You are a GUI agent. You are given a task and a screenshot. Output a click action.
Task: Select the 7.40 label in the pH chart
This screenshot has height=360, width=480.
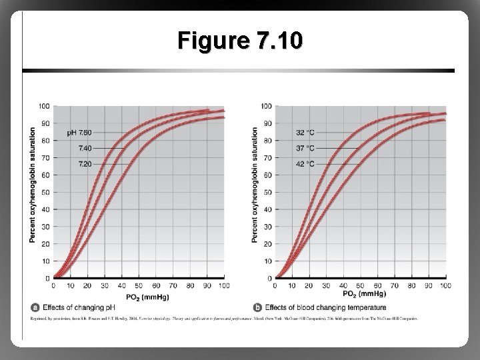(x=85, y=148)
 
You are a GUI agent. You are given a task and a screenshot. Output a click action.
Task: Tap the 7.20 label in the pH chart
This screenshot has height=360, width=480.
(x=85, y=163)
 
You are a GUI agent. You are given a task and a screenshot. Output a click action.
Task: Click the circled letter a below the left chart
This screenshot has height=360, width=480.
(x=35, y=307)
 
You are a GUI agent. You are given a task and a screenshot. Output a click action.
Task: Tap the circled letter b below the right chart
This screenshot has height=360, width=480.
(x=257, y=307)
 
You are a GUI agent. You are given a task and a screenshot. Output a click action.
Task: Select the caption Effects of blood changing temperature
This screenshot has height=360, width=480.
(x=325, y=307)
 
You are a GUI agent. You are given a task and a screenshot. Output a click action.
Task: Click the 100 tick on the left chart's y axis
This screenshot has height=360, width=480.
(x=43, y=106)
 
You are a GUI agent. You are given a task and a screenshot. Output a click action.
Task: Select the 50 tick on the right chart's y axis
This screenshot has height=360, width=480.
(x=267, y=192)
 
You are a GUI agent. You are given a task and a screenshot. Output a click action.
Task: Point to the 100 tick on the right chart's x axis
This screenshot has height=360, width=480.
(x=445, y=285)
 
